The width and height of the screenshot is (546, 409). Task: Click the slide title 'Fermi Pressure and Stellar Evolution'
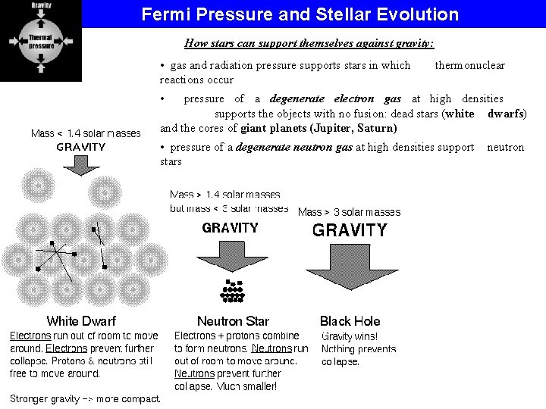click(x=300, y=14)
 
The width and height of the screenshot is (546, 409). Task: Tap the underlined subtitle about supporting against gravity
click(x=309, y=43)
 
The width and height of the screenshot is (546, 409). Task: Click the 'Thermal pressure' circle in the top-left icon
click(x=41, y=41)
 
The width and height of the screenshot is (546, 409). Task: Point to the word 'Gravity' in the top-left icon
click(x=41, y=5)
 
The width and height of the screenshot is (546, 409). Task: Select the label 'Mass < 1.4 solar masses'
click(x=86, y=133)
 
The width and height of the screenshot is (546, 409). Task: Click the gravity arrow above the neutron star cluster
click(x=230, y=254)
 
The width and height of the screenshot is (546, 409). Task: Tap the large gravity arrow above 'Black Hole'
click(x=350, y=265)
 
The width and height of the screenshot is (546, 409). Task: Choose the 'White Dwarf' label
click(x=81, y=321)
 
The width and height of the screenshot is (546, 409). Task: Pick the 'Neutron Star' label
click(x=233, y=321)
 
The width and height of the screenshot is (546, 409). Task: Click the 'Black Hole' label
click(x=350, y=321)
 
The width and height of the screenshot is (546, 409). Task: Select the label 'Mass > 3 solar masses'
click(x=349, y=212)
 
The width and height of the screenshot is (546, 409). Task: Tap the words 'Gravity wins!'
click(x=350, y=336)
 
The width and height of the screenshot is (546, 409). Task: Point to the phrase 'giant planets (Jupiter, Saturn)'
click(x=318, y=128)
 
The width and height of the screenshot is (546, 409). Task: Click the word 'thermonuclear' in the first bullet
click(x=469, y=66)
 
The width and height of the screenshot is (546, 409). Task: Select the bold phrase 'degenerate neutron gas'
click(x=294, y=148)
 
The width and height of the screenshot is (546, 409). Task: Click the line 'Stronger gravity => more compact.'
click(x=85, y=399)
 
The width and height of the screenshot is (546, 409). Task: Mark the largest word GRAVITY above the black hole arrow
click(x=350, y=230)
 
